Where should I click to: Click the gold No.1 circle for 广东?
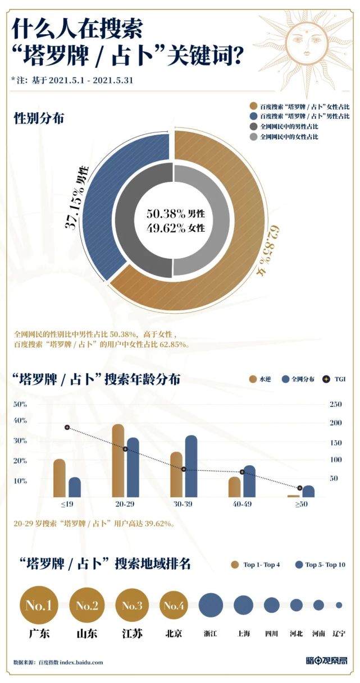[38, 606]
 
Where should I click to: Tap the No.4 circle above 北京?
[174, 606]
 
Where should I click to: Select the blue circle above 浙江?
[211, 605]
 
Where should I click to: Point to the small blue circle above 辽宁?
[339, 605]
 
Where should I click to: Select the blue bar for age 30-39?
[191, 466]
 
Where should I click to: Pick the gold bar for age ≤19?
[59, 478]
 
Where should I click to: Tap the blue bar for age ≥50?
[308, 491]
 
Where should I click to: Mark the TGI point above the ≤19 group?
[67, 428]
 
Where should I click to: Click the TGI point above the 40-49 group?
[242, 472]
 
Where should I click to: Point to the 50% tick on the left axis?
[20, 404]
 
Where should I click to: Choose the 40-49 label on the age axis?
[241, 505]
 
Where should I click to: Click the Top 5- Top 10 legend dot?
[299, 565]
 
